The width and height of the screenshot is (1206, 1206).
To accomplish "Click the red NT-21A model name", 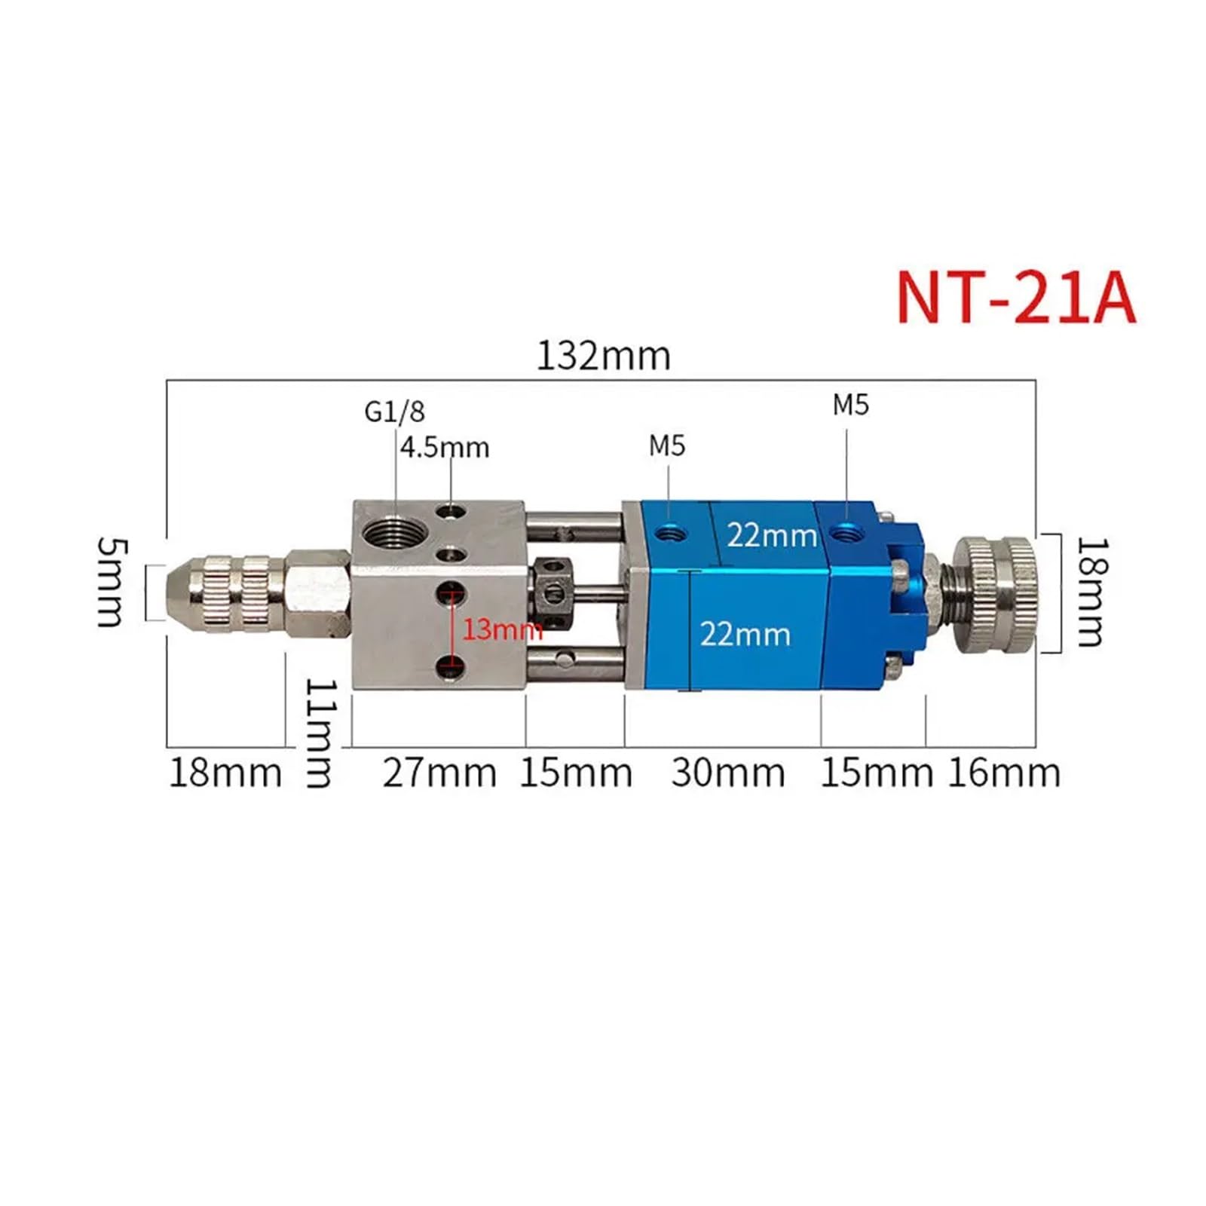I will pos(1015,298).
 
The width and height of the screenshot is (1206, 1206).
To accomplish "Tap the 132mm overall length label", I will pos(603,357).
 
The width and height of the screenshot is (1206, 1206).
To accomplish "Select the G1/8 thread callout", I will pos(394,412).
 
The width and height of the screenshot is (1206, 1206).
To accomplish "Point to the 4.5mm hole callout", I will pos(445,448).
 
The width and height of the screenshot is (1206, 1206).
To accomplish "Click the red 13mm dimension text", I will pos(501,629).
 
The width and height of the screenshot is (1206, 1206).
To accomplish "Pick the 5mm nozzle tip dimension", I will pos(112,583).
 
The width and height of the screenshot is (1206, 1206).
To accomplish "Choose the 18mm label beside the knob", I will pos(1091,592).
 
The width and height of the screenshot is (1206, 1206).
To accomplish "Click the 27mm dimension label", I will pos(439,773).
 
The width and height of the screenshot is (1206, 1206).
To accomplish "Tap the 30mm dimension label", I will pos(728,773).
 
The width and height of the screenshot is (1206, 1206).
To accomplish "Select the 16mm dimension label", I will pos(1004,773).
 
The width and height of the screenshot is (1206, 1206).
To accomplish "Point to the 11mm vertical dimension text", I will pos(318,733).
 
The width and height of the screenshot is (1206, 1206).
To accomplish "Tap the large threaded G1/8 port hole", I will pos(390,534).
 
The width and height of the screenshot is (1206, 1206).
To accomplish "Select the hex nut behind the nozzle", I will pos(319,593).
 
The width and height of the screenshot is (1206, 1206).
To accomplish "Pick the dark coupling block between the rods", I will pos(553,593).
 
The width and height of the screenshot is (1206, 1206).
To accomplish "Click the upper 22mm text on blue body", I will pos(772,536).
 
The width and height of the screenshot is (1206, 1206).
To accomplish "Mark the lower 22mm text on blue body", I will pos(745,634).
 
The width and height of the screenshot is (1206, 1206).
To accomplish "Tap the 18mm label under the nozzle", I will pos(225,773).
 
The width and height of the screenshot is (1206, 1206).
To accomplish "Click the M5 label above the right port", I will pos(850,406).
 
